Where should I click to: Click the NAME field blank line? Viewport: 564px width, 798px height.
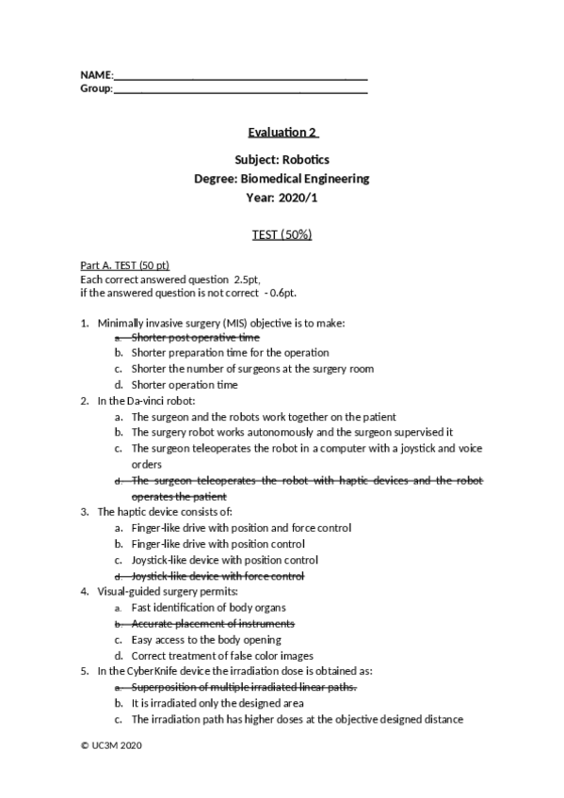pos(240,75)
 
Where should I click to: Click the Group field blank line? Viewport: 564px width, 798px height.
pos(240,89)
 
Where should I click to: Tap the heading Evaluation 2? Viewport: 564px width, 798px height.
pos(282,132)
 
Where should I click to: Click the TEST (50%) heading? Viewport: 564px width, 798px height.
pos(282,234)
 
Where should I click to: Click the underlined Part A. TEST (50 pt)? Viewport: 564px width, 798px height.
pos(125,266)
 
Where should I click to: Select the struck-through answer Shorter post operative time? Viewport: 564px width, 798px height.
pos(195,337)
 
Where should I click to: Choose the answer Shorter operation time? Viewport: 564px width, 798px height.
pos(185,384)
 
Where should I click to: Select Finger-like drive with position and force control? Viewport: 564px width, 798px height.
pos(241,528)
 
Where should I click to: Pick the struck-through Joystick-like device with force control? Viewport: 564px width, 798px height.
pos(218,575)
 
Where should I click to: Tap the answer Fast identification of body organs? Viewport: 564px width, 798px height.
pos(208,608)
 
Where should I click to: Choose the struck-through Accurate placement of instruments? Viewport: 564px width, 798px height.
pos(213,623)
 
